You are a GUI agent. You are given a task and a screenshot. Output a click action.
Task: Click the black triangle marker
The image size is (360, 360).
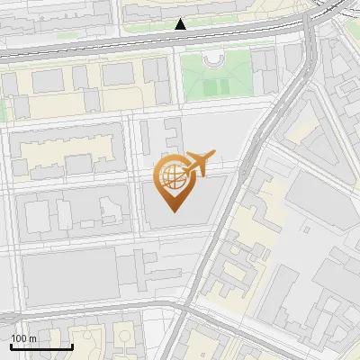pyautogui.click(x=181, y=24)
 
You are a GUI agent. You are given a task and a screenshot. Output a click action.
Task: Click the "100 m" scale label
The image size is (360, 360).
pyautogui.click(x=23, y=337)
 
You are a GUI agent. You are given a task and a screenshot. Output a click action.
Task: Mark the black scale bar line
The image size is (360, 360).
pyautogui.click(x=41, y=346)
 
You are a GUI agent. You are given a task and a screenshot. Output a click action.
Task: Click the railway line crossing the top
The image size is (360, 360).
pyautogui.click(x=135, y=45)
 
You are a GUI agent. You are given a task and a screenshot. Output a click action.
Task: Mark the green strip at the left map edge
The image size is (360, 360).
pyautogui.click(x=3, y=109)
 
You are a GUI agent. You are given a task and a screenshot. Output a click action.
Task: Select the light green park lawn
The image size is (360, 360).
pyautogui.click(x=216, y=76)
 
